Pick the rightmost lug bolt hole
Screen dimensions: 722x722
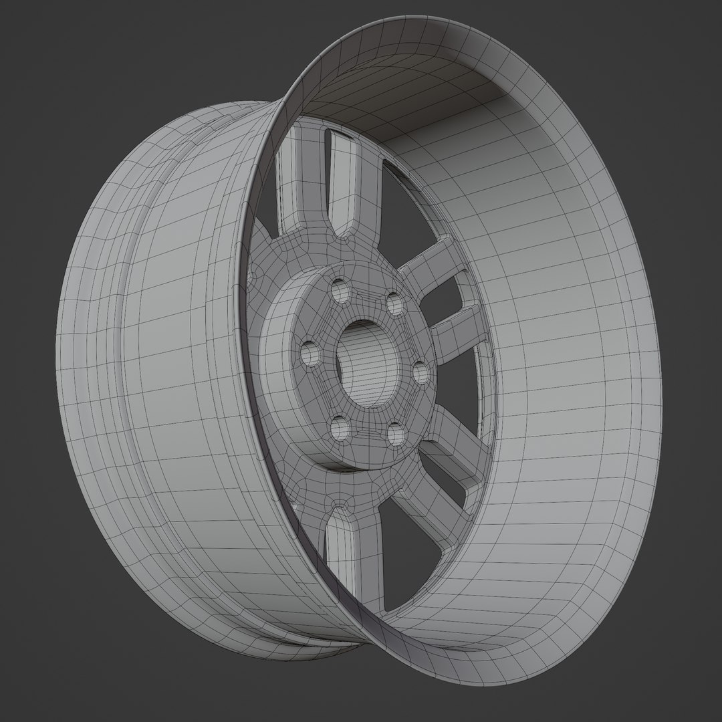(419, 372)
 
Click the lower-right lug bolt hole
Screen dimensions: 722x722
(396, 435)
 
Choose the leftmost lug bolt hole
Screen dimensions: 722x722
(310, 353)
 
